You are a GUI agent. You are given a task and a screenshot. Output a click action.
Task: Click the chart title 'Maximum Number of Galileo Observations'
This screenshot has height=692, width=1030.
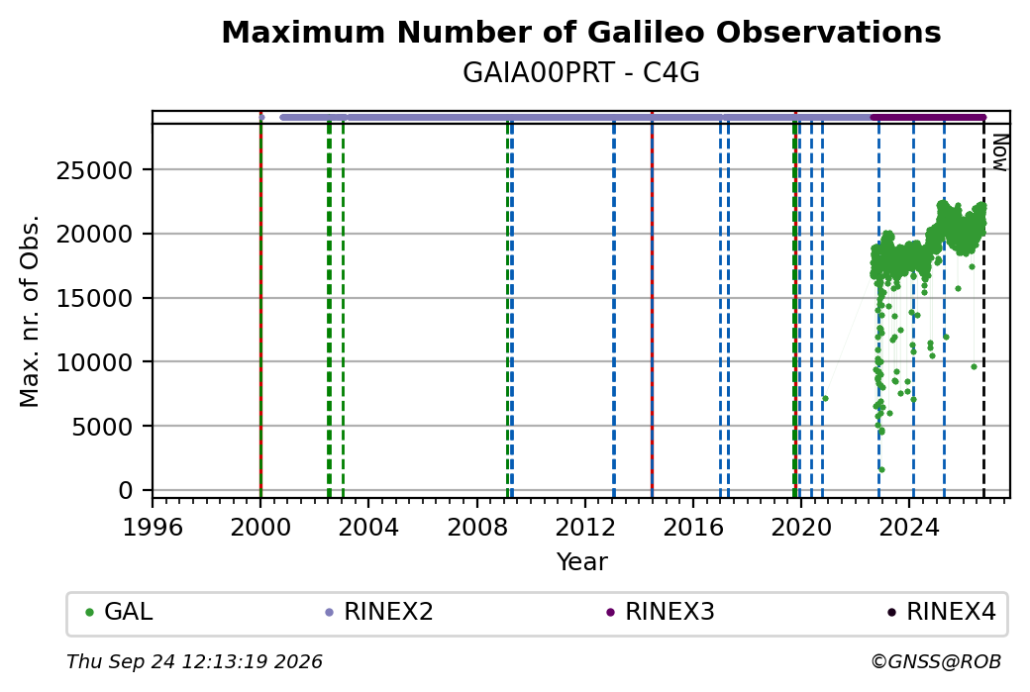(x=580, y=32)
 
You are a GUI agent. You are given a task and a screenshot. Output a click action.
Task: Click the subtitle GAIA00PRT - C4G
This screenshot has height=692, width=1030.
(x=580, y=73)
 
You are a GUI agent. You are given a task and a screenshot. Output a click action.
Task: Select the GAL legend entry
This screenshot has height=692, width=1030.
(x=119, y=612)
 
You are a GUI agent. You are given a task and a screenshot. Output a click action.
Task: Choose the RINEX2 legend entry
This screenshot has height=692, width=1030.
(x=379, y=612)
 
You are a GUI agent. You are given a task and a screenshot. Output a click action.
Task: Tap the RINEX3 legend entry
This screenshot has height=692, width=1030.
(x=661, y=612)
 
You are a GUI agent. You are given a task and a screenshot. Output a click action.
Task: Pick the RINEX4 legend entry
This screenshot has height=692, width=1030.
(x=941, y=612)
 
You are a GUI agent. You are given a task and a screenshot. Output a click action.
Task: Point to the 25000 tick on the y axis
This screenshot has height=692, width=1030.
(x=95, y=170)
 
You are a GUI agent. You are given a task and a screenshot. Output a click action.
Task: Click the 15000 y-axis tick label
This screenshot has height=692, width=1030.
(x=95, y=299)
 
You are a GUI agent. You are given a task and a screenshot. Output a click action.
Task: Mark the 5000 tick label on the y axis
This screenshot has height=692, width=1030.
(x=102, y=427)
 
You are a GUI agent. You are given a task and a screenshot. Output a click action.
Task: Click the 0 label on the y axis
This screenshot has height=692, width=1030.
(x=126, y=490)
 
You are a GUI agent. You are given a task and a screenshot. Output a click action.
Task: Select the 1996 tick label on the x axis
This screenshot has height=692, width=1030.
(x=153, y=528)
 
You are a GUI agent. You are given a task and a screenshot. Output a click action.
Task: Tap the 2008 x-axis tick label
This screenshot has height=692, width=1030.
(x=477, y=528)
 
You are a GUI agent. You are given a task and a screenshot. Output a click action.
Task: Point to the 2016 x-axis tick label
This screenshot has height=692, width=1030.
(x=693, y=528)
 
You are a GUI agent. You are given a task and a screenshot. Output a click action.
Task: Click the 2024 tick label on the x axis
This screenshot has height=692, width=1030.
(x=909, y=528)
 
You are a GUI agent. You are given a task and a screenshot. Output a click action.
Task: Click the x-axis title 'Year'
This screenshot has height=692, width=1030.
(x=581, y=562)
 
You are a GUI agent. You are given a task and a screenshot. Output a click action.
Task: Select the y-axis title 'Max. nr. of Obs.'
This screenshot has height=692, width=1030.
(x=30, y=311)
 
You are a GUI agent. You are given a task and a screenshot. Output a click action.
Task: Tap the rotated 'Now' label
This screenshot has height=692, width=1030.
(x=998, y=152)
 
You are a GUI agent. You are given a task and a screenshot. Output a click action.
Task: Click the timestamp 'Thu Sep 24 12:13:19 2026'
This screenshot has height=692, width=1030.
(x=194, y=661)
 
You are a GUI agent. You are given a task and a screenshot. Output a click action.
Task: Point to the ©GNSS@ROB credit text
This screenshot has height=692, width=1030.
(x=936, y=661)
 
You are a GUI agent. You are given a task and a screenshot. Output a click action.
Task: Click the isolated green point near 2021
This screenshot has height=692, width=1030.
(x=825, y=399)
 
